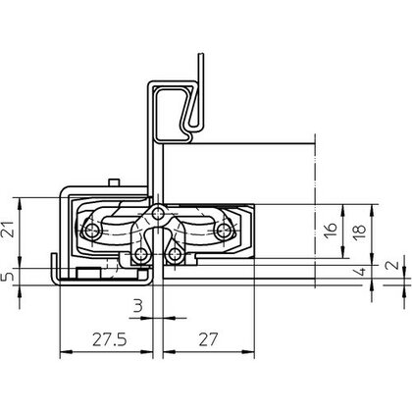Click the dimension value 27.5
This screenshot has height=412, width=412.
[109, 339]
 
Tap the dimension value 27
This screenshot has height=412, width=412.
[208, 339]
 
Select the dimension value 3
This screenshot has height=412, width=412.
[138, 306]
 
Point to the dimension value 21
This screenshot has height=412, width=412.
[10, 229]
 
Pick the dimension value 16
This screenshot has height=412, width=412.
[331, 232]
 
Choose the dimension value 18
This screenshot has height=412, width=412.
[359, 232]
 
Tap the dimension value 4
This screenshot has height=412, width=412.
[361, 271]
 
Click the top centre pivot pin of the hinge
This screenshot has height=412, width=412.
[158, 213]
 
